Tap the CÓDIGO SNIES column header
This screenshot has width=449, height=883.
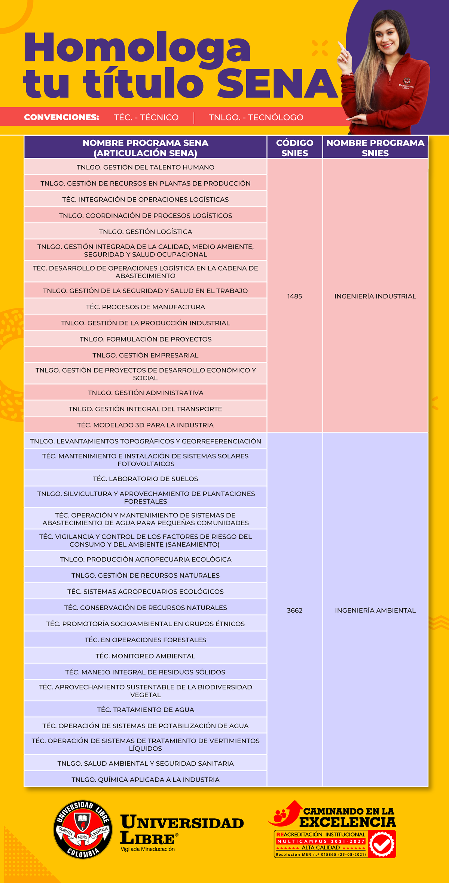click(294, 148)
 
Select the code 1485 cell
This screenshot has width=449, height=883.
click(294, 296)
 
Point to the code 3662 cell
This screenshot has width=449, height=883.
click(294, 610)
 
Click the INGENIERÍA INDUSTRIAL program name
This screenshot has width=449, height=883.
click(375, 296)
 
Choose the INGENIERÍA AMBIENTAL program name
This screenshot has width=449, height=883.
click(375, 610)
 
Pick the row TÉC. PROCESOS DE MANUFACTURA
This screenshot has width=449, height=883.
click(146, 307)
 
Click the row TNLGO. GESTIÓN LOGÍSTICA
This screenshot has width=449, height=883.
click(146, 232)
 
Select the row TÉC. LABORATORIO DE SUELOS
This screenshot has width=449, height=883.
click(146, 479)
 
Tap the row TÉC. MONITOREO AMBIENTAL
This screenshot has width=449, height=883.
click(146, 656)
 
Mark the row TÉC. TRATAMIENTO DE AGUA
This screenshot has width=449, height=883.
click(146, 710)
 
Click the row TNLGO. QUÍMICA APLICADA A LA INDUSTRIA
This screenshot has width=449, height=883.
click(146, 779)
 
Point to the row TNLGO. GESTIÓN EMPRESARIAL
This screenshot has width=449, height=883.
click(146, 355)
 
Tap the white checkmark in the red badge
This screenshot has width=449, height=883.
click(382, 844)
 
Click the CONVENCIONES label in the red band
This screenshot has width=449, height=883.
click(61, 117)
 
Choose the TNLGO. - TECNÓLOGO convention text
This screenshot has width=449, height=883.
click(256, 117)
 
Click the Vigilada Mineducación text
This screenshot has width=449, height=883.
click(147, 849)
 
